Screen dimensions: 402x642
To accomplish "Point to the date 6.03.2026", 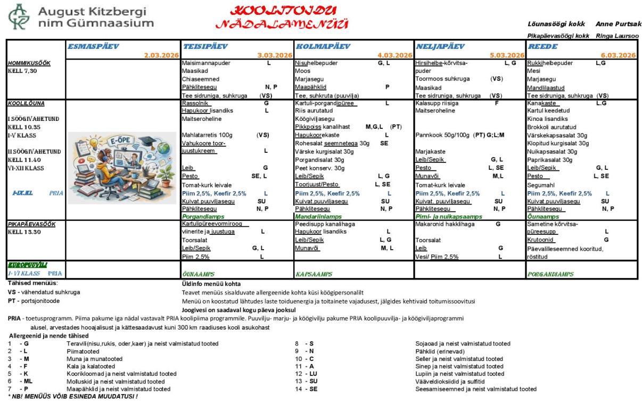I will [x=619, y=55].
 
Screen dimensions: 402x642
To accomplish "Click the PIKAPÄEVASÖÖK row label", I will [x=29, y=225].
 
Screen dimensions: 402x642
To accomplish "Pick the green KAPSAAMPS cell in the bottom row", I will [x=314, y=274].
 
